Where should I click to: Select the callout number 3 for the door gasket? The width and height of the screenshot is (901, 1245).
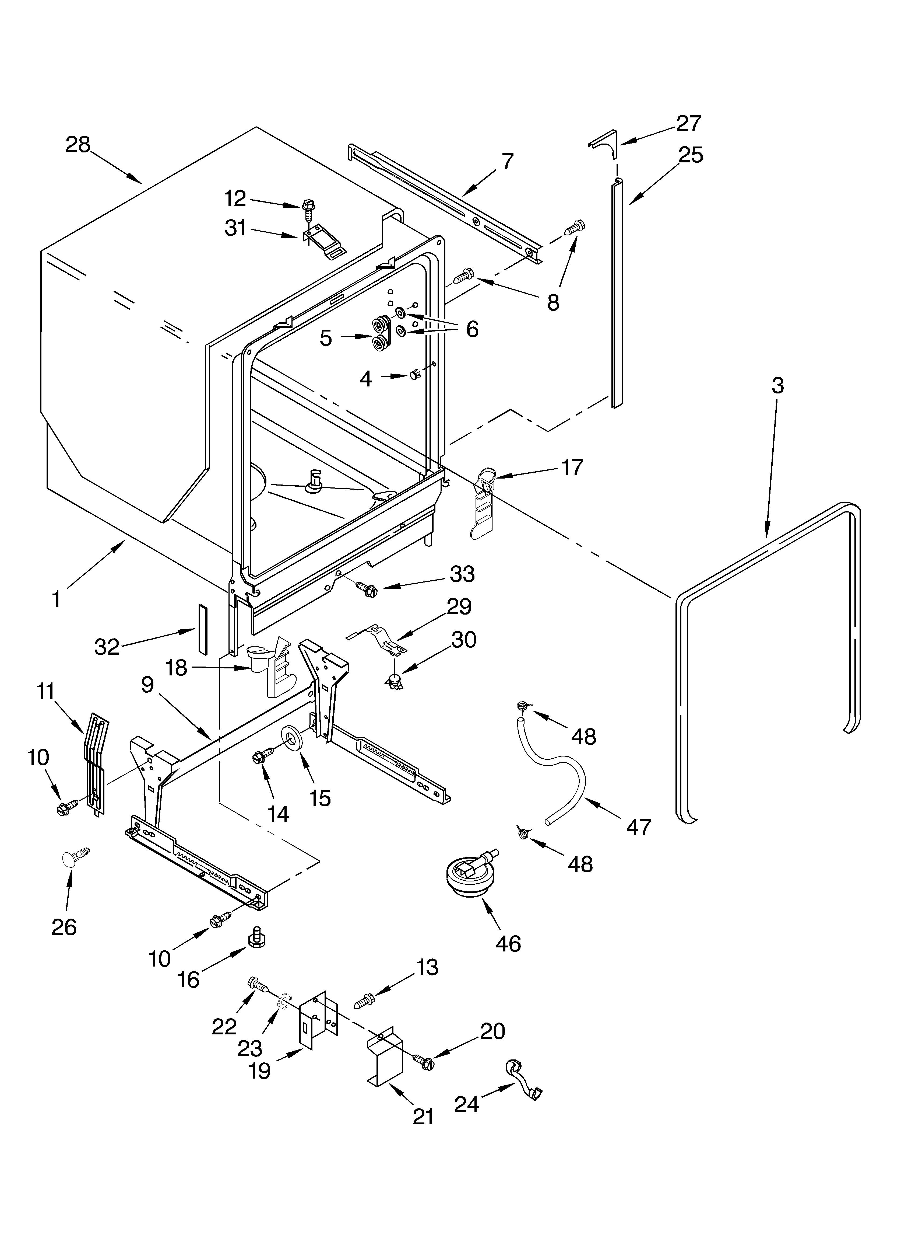tap(777, 386)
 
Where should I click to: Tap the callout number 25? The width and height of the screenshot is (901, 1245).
tap(690, 155)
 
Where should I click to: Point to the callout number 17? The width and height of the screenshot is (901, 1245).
tap(571, 467)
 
